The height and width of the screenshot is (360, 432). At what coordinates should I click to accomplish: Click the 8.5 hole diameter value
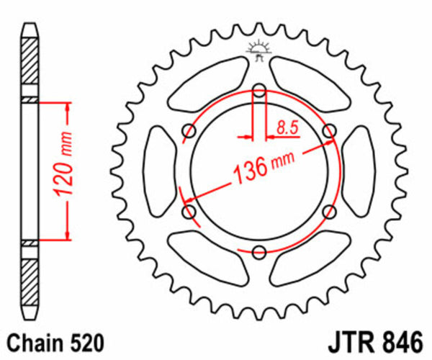[x=286, y=129]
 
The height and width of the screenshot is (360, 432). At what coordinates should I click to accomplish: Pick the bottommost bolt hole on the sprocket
[x=260, y=251]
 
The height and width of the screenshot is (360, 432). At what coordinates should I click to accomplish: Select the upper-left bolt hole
[x=190, y=130]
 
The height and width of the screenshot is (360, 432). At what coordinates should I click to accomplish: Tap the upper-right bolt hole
[x=330, y=130]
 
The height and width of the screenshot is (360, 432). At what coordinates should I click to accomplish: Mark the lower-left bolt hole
[x=190, y=211]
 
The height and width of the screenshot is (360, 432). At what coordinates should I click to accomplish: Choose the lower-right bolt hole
[x=330, y=211]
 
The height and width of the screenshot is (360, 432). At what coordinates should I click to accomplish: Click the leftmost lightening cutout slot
[x=158, y=171]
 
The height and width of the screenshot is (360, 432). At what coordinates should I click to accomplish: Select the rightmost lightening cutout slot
[x=362, y=171]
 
